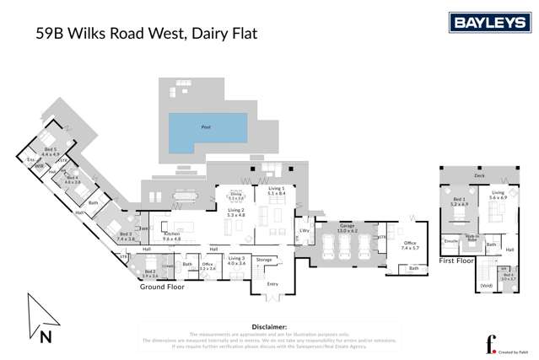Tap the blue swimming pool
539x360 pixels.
coord(208,128)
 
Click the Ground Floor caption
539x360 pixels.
coord(163,286)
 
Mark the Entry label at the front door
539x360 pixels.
coord(272,284)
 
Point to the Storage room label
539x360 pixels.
coord(264,260)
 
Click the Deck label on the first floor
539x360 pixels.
coord(478,175)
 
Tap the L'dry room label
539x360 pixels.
coord(303,230)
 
